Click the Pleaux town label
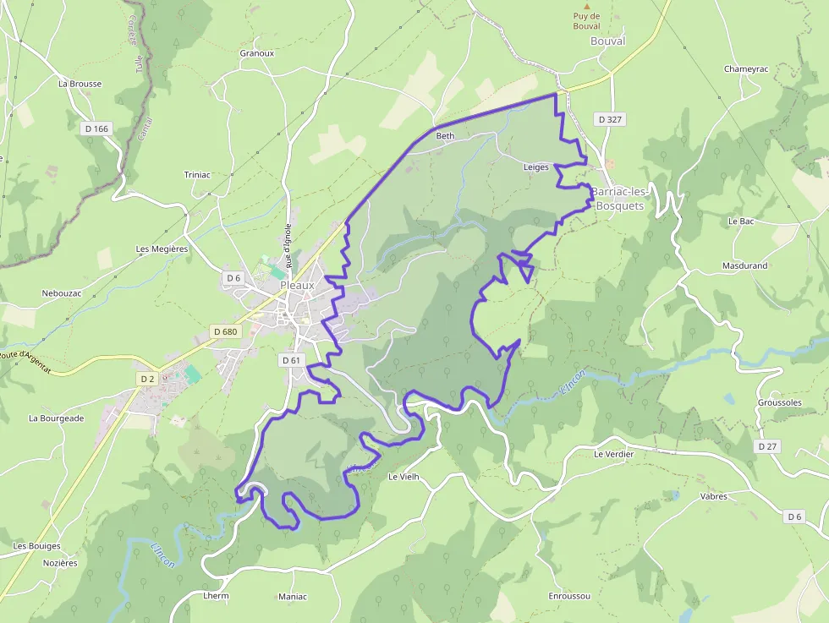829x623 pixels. click(297, 286)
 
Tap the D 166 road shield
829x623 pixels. click(96, 128)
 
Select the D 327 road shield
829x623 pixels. click(610, 119)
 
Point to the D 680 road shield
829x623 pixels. click(225, 331)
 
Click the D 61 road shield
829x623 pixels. click(290, 360)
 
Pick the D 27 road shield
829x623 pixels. click(767, 445)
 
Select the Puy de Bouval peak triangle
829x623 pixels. click(586, 6)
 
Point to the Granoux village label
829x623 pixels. click(257, 53)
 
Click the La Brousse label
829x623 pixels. click(80, 84)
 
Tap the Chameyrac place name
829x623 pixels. click(746, 69)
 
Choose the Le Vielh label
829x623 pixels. click(404, 477)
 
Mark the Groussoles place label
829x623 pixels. click(779, 402)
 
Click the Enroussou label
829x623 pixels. click(569, 596)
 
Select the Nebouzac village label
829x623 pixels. click(61, 293)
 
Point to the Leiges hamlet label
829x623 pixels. click(535, 167)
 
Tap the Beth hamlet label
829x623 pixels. click(445, 136)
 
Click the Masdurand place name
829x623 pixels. click(744, 265)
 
